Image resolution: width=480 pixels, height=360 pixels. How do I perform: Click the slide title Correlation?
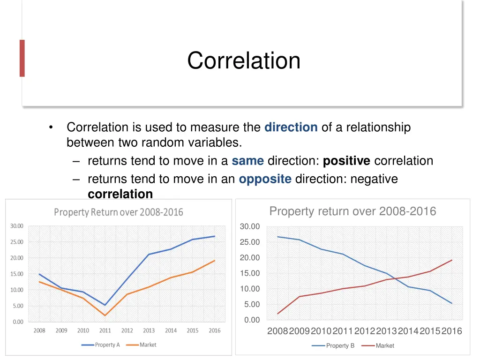(244, 60)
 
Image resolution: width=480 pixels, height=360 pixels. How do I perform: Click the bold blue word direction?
(291, 127)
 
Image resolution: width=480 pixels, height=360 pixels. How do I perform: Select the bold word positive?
(346, 161)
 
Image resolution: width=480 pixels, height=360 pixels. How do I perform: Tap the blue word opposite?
(265, 179)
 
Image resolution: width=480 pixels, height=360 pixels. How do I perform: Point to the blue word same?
(248, 161)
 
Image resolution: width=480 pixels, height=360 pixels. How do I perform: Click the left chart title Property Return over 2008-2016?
(119, 212)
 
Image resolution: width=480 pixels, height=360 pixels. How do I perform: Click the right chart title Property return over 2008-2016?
(352, 211)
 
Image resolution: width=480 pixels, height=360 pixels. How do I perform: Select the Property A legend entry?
(101, 345)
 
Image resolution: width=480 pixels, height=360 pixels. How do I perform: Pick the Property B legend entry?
(334, 345)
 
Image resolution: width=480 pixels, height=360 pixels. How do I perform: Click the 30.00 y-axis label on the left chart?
(16, 226)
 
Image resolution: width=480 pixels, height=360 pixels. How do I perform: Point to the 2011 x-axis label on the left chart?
(105, 330)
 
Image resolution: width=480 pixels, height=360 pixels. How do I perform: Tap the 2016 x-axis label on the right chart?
(452, 331)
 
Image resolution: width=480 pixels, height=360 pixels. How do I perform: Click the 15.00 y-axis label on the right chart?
(249, 273)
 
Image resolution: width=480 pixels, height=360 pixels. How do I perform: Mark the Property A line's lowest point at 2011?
(105, 305)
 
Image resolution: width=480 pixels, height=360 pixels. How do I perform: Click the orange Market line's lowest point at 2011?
(105, 315)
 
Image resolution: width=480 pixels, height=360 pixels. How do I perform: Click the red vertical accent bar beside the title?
(22, 58)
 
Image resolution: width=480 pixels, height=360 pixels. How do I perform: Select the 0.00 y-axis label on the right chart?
(252, 320)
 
